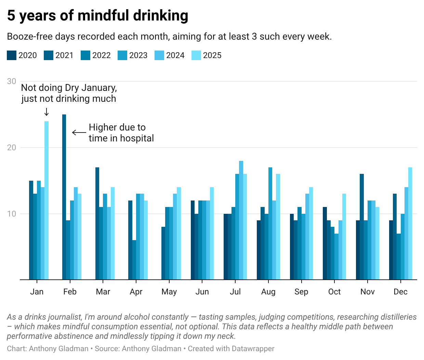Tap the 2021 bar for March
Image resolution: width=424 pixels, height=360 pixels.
[97, 223]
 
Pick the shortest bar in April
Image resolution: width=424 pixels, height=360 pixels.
[134, 260]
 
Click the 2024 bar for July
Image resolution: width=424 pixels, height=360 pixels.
[241, 220]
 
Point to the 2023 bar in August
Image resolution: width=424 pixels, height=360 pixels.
[270, 223]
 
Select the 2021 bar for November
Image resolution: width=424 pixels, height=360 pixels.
[362, 227]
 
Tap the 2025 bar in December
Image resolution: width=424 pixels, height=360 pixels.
[410, 223]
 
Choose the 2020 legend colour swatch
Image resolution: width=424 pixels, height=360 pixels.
[12, 55]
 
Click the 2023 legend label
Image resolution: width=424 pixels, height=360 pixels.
[138, 55]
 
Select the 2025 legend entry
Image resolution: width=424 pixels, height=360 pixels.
[207, 55]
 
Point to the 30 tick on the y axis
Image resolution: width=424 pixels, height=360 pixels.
[12, 81]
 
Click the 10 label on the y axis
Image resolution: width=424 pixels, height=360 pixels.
[12, 214]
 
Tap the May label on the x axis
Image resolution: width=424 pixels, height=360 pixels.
[169, 292]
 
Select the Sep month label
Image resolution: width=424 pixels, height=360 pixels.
[301, 292]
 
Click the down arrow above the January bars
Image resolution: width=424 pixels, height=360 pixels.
[47, 112]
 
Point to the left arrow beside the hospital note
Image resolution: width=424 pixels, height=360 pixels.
[79, 133]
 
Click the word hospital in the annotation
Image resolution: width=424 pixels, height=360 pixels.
[136, 138]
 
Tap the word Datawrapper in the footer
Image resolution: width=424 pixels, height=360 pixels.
[253, 349]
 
